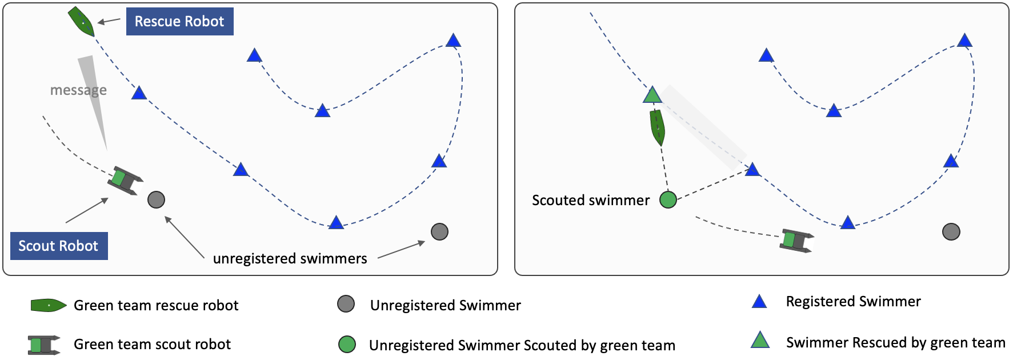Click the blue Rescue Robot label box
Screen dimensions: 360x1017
click(x=179, y=22)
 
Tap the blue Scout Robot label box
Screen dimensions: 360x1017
click(x=59, y=246)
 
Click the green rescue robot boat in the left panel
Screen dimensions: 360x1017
click(x=81, y=22)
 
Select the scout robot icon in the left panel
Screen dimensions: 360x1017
click(x=125, y=180)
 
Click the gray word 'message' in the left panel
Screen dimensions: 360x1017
click(x=78, y=90)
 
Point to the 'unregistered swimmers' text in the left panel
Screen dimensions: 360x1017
click(x=290, y=259)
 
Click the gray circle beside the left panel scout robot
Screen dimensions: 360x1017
click(x=156, y=199)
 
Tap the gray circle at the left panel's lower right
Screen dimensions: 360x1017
click(x=439, y=231)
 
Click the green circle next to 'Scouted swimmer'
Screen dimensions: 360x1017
click(x=668, y=199)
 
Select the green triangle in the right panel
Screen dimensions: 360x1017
click(x=652, y=95)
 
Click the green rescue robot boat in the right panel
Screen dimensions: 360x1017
click(x=657, y=127)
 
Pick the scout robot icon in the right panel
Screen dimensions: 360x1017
click(x=796, y=241)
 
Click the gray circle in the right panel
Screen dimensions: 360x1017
click(x=951, y=231)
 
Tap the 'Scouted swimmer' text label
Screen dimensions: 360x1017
click(x=591, y=201)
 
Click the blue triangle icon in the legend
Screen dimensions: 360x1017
click(x=759, y=302)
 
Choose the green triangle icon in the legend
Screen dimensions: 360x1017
click(x=760, y=341)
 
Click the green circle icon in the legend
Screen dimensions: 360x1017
click(x=347, y=345)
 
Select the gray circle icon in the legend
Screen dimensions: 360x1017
click(x=346, y=304)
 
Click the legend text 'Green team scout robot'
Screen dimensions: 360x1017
click(x=152, y=345)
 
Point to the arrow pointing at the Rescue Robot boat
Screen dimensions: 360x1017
click(x=109, y=21)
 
